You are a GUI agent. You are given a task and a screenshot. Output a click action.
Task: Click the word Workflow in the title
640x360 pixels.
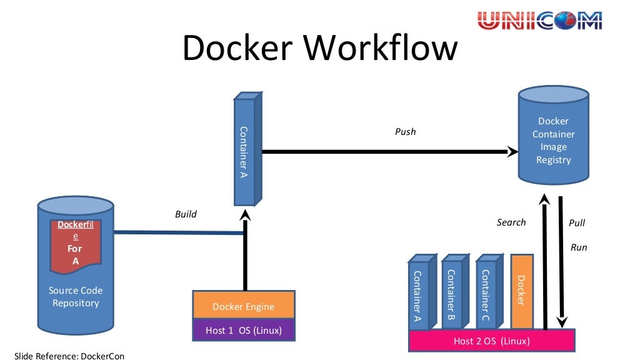tap(374, 47)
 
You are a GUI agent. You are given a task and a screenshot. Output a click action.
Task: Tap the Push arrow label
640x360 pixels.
tap(405, 132)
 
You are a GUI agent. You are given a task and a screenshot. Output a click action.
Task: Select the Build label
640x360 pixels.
tap(186, 214)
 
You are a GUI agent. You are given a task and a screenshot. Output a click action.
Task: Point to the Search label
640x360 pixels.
tap(511, 222)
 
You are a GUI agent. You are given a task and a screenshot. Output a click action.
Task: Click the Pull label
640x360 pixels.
tap(577, 223)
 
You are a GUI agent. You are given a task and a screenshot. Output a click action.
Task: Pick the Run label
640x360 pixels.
tap(579, 247)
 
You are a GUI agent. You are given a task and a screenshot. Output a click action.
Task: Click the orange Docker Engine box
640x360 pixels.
tap(243, 306)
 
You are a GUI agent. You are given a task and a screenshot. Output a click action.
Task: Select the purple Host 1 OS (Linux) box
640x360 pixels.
tap(243, 330)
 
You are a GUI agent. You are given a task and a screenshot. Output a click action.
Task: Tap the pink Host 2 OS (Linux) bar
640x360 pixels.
tap(491, 341)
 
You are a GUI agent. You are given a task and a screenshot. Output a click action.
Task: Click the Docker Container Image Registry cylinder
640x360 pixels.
tap(553, 141)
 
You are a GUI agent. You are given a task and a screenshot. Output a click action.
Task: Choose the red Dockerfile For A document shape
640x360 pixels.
tap(76, 244)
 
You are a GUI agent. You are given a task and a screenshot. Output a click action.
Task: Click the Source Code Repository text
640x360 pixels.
tap(76, 297)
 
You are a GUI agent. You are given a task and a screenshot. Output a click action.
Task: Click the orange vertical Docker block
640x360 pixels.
tap(521, 291)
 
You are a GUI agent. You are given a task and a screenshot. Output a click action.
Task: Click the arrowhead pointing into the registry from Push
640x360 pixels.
tap(512, 151)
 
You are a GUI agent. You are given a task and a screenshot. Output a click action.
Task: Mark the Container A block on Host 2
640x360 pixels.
tap(417, 292)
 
